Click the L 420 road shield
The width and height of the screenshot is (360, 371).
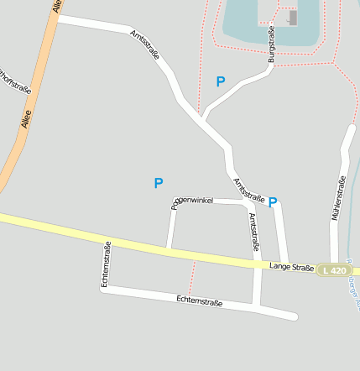[x=333, y=270]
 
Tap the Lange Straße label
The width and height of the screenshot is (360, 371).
[x=290, y=266]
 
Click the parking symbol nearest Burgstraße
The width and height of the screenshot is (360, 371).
[x=221, y=81]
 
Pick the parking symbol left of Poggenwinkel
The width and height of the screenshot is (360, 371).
[x=158, y=182]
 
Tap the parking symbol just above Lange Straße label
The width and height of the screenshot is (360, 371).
[x=273, y=201]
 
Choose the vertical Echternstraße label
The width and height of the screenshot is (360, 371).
[x=106, y=264]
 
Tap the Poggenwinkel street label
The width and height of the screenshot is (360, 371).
[x=193, y=201]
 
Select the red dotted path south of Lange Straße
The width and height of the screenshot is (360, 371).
[x=192, y=274]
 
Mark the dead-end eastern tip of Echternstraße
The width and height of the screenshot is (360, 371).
[x=294, y=316]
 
